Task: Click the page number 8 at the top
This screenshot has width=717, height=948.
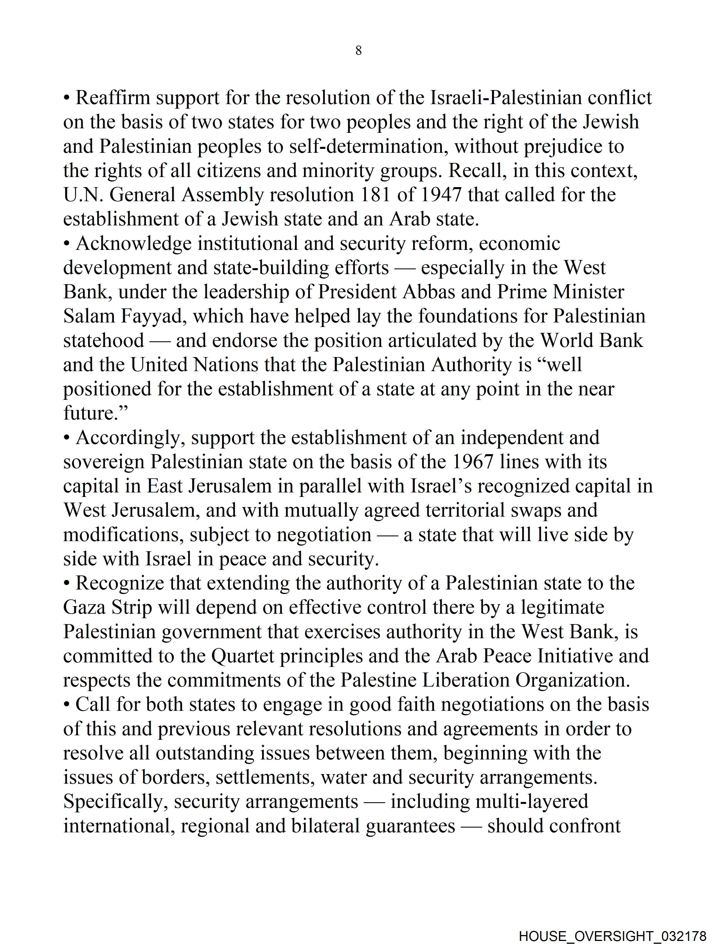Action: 358,51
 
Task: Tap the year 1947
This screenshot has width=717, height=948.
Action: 441,195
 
